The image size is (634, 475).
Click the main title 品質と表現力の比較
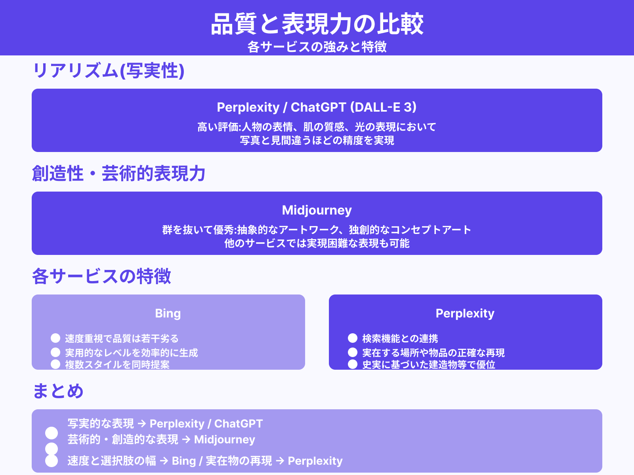pos(317,24)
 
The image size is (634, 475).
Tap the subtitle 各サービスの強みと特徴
pos(317,47)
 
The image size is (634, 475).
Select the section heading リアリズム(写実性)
pos(108,71)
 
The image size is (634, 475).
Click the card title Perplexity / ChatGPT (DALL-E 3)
pos(317,107)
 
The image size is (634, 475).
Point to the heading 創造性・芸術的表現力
pos(118,174)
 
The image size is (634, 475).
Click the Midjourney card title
pos(317,210)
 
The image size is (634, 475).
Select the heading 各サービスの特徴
pos(101,276)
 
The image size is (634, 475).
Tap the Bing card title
pos(168,313)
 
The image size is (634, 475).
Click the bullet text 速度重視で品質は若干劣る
pos(122,338)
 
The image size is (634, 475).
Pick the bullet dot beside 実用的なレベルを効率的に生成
pos(55,352)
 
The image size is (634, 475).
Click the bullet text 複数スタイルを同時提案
pos(117,365)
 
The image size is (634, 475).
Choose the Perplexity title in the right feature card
pos(465,313)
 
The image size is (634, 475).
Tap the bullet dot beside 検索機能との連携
pos(353,338)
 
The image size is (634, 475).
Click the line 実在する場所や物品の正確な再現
pos(433,353)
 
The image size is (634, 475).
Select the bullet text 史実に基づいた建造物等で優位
pos(429,365)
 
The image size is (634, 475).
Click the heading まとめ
pos(58,391)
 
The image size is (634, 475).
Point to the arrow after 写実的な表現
pos(142,424)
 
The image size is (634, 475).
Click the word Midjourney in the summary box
pos(225,440)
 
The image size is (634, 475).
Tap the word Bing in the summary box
pos(184,461)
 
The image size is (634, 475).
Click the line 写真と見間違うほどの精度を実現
pos(317,141)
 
